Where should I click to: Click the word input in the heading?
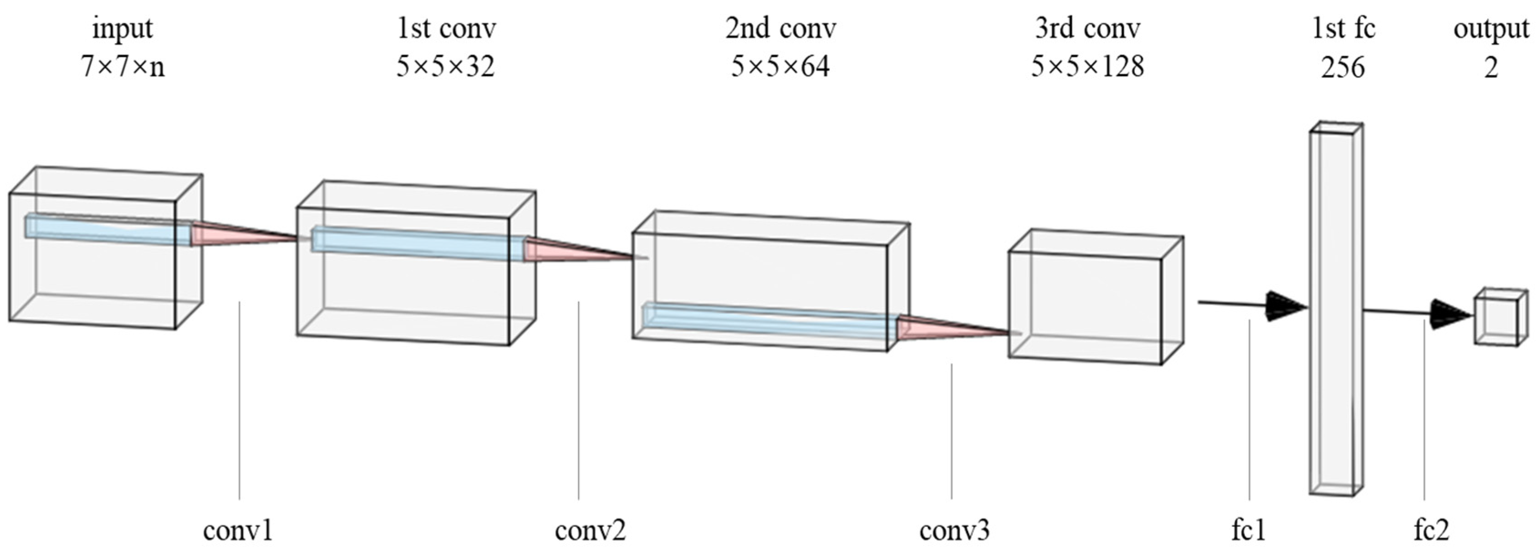[x=122, y=29]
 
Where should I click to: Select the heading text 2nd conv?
[x=780, y=29]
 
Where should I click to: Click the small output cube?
[x=1496, y=318]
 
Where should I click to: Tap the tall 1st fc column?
[x=1336, y=311]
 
